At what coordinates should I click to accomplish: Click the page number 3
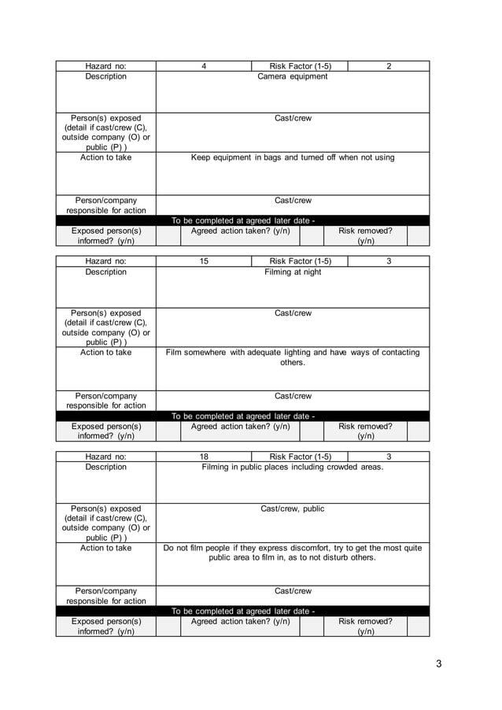coord(438,664)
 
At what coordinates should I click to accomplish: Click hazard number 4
coord(204,66)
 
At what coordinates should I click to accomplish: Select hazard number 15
coord(204,261)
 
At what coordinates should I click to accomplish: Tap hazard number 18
coord(204,457)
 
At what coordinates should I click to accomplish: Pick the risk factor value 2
coord(389,66)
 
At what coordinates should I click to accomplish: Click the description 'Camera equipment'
coord(293,77)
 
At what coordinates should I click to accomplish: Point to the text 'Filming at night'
coord(293,272)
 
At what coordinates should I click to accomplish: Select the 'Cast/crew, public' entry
coord(293,509)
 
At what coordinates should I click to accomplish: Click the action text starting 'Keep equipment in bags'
coord(293,157)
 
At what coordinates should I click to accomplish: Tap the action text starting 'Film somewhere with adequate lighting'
coord(293,357)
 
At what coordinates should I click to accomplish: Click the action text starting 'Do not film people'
coord(293,553)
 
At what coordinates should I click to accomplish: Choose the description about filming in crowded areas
coord(293,468)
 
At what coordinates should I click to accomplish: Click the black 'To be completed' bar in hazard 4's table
coord(243,220)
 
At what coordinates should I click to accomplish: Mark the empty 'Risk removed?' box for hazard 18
coord(418,627)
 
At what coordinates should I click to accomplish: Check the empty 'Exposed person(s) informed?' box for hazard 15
coord(168,431)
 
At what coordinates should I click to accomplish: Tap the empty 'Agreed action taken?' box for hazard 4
coord(312,236)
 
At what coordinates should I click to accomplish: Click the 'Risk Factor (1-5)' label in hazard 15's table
coord(300,261)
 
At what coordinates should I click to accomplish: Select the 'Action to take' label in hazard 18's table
coord(105,548)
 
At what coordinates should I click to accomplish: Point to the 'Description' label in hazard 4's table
coord(105,77)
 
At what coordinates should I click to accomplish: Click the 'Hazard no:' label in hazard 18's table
coord(105,457)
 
